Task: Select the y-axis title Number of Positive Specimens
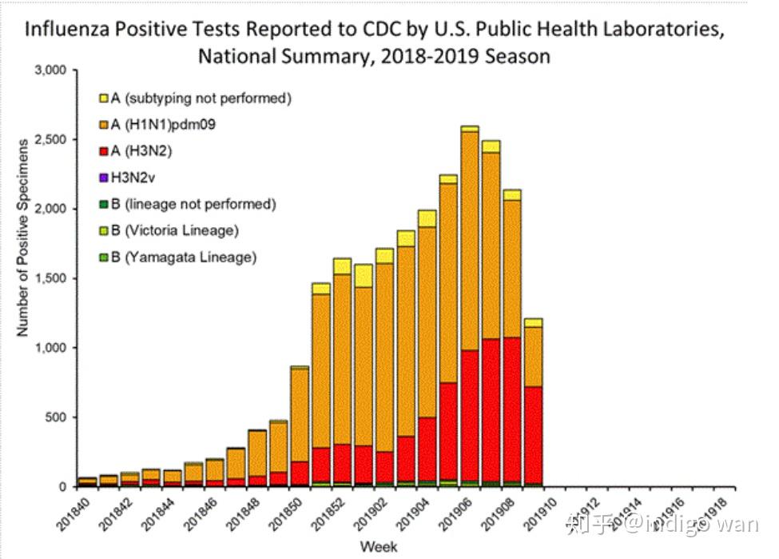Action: (23, 237)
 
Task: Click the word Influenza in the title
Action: (66, 30)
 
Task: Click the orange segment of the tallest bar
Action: (470, 240)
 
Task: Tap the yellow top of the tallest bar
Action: (470, 128)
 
